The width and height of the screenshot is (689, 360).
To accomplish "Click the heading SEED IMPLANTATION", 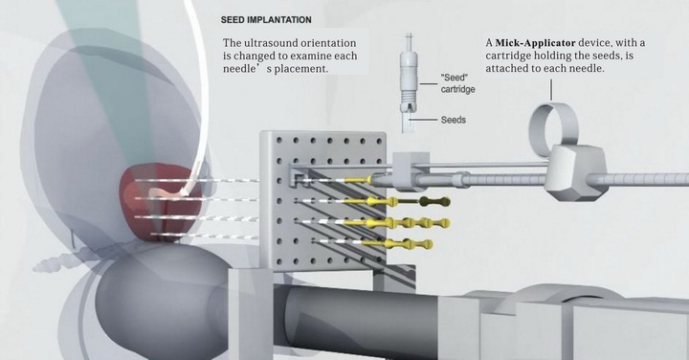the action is (x=266, y=20).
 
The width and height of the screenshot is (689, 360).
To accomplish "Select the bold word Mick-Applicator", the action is (x=535, y=43).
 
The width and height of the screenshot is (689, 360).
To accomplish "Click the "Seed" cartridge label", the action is (x=457, y=83).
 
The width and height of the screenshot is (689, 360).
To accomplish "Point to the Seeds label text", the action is (x=453, y=120).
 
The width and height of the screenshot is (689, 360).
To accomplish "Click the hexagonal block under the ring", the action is (x=576, y=172).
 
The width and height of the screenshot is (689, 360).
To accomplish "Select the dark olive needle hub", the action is (x=434, y=202).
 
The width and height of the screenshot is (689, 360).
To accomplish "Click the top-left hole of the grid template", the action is (x=278, y=140).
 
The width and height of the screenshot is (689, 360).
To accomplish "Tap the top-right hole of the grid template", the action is (x=379, y=142).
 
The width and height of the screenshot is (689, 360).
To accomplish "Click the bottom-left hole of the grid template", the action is (x=279, y=262).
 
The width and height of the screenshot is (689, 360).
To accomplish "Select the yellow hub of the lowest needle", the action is (x=398, y=243).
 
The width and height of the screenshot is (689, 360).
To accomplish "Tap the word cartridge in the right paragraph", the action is (x=507, y=56).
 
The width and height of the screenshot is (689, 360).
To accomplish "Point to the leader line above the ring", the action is (x=550, y=90).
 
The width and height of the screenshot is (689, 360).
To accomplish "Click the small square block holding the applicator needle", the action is (x=410, y=170).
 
